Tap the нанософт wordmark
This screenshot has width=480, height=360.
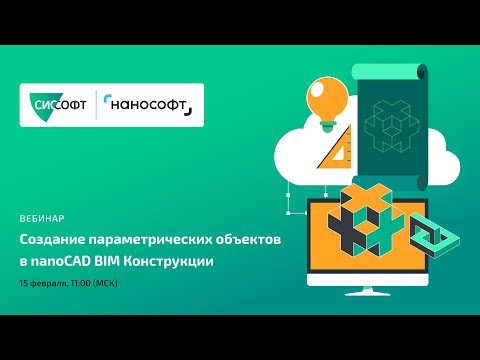(x=151, y=104)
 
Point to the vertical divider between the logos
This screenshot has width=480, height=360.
(x=97, y=104)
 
